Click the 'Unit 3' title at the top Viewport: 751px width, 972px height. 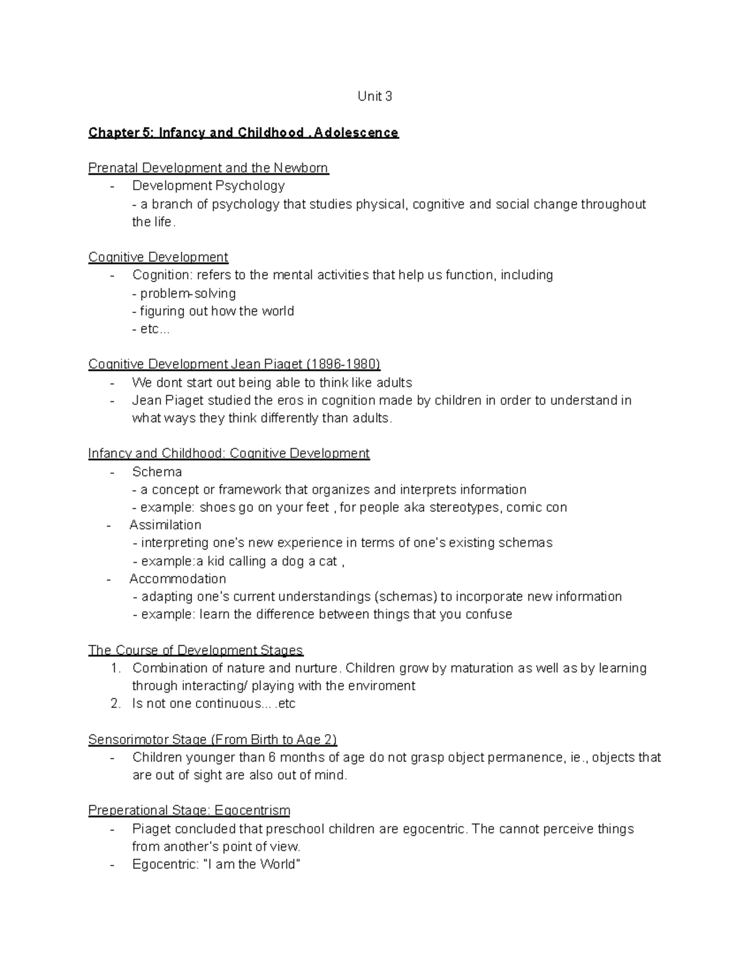(375, 96)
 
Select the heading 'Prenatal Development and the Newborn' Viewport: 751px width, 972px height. (208, 168)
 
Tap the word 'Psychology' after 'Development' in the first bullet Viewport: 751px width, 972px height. (250, 186)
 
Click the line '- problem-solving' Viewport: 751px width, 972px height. (184, 294)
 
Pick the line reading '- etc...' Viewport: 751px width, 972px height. (151, 329)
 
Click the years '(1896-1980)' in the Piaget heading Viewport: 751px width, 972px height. (343, 364)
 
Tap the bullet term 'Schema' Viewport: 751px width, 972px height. (157, 472)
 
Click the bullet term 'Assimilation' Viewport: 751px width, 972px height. (165, 525)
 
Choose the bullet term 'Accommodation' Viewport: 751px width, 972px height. (178, 579)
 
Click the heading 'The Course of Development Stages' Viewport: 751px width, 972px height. (195, 650)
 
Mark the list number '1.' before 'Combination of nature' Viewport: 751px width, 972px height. (115, 668)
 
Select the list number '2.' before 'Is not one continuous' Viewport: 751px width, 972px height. (115, 704)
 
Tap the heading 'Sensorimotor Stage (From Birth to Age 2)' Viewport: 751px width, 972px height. (212, 740)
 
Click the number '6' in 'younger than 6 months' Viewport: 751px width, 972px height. (272, 758)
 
